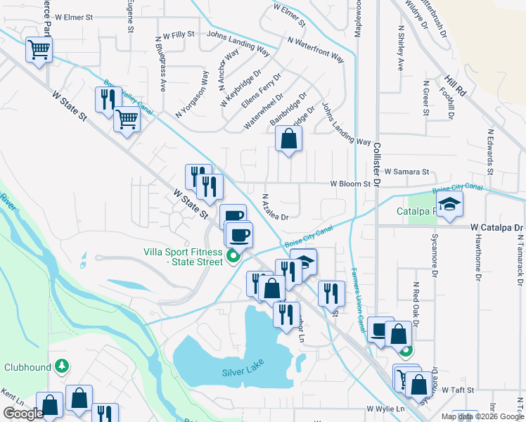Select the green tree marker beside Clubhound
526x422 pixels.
[63, 366]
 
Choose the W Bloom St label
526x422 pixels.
[351, 184]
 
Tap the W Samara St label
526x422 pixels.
[406, 172]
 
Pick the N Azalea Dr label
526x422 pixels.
[276, 207]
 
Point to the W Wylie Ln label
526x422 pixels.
[386, 409]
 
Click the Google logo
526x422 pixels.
[23, 414]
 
